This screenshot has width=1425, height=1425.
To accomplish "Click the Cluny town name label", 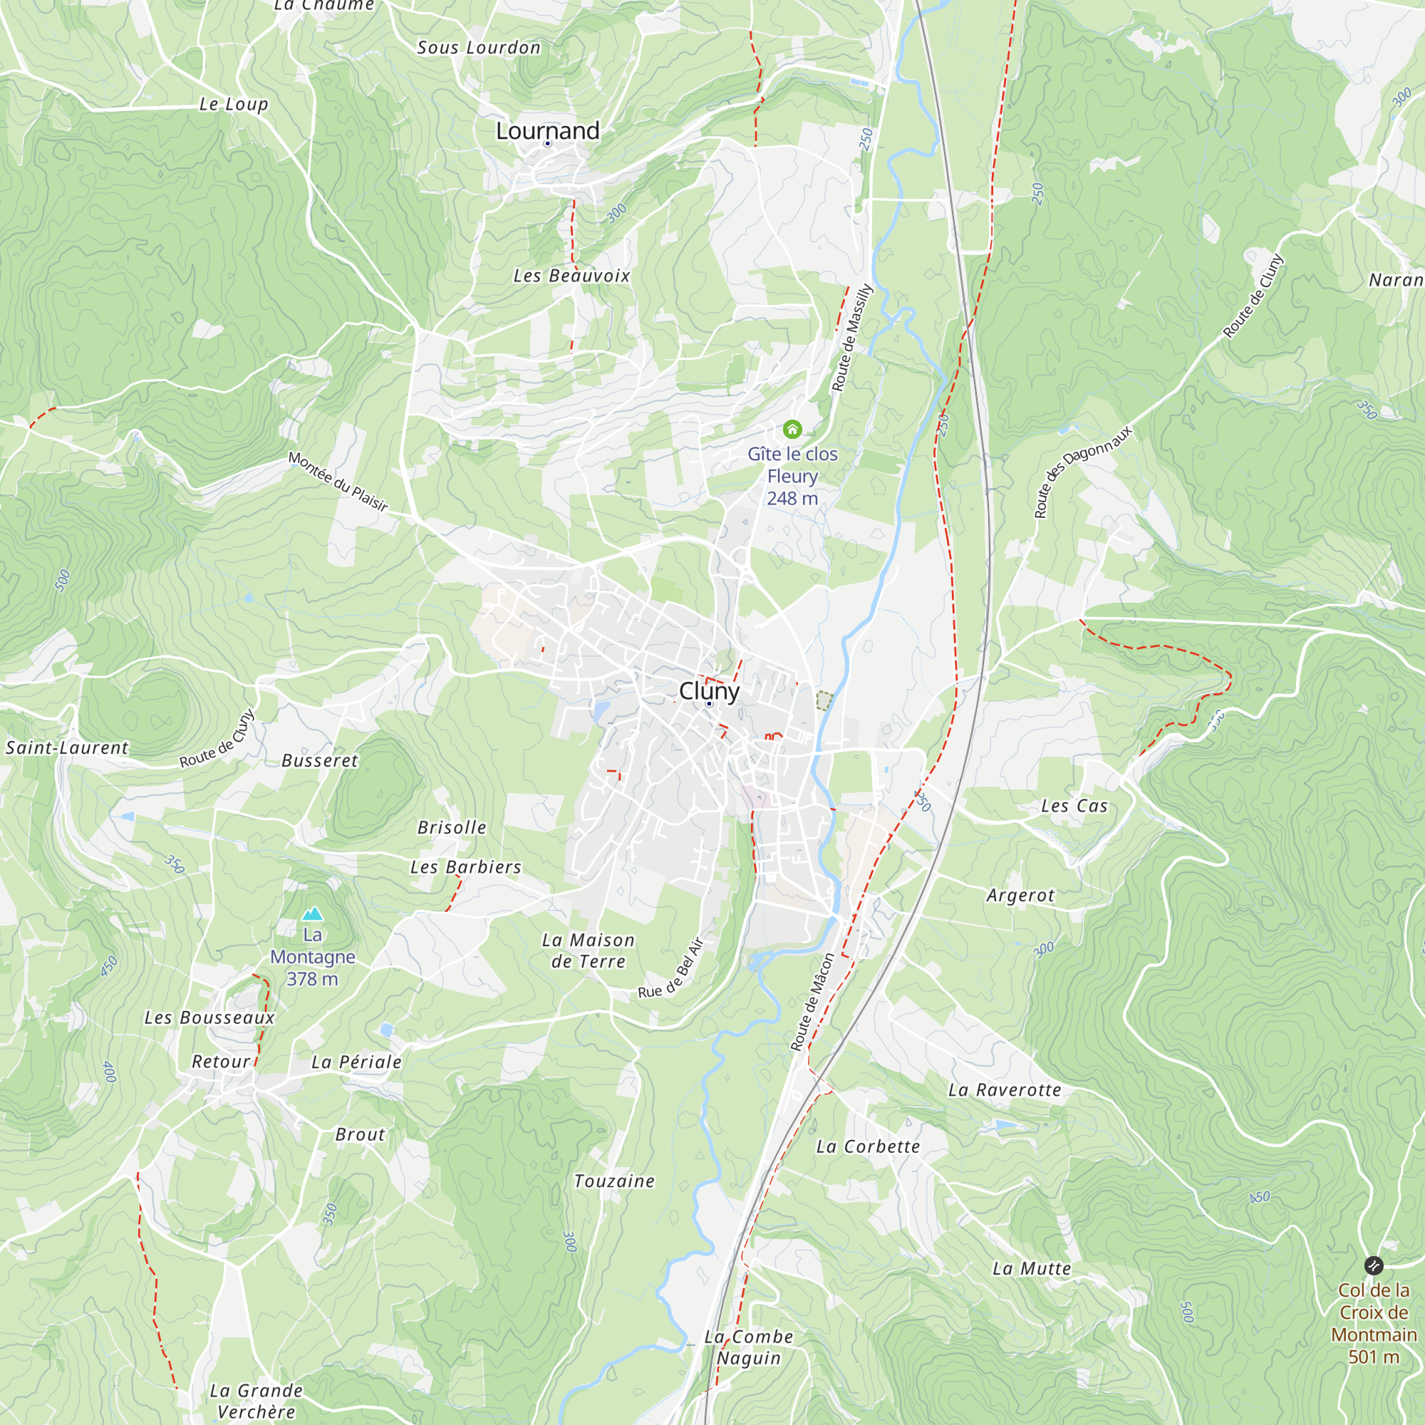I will tap(709, 691).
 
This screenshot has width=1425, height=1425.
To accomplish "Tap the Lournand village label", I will tap(547, 131).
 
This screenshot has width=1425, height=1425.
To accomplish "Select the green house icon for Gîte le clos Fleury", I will tap(792, 429).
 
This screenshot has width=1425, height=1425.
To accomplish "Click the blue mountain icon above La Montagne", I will tap(313, 915).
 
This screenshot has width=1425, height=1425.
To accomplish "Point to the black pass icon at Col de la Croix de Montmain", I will tap(1374, 1265).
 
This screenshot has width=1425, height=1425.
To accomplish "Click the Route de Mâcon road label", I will tap(812, 1001).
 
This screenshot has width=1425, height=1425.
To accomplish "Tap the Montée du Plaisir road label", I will tap(338, 481).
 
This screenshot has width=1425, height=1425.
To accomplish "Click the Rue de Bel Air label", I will tap(671, 968).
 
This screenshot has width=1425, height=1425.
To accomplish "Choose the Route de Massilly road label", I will tap(852, 338).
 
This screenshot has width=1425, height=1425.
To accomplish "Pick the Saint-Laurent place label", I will tap(67, 748).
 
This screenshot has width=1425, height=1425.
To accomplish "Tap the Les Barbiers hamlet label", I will tap(465, 867).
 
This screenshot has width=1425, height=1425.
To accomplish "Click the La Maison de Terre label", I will tap(588, 950).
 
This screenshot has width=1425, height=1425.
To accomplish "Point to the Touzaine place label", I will tap(614, 1181).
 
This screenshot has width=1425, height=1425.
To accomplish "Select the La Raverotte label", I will tap(1005, 1090).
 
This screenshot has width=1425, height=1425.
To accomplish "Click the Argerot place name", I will tap(1021, 896).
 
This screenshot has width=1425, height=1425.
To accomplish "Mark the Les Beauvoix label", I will tap(571, 276).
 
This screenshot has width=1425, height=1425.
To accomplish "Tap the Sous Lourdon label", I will tap(479, 48).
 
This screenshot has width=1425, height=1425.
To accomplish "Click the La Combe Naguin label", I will tap(749, 1347).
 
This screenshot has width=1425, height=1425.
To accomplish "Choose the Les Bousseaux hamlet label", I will tap(209, 1018).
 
